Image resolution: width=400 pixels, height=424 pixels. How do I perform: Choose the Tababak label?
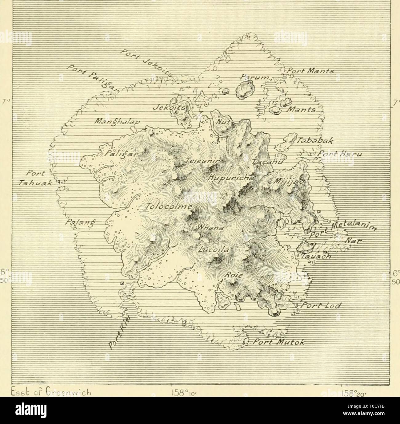point(313,141)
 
